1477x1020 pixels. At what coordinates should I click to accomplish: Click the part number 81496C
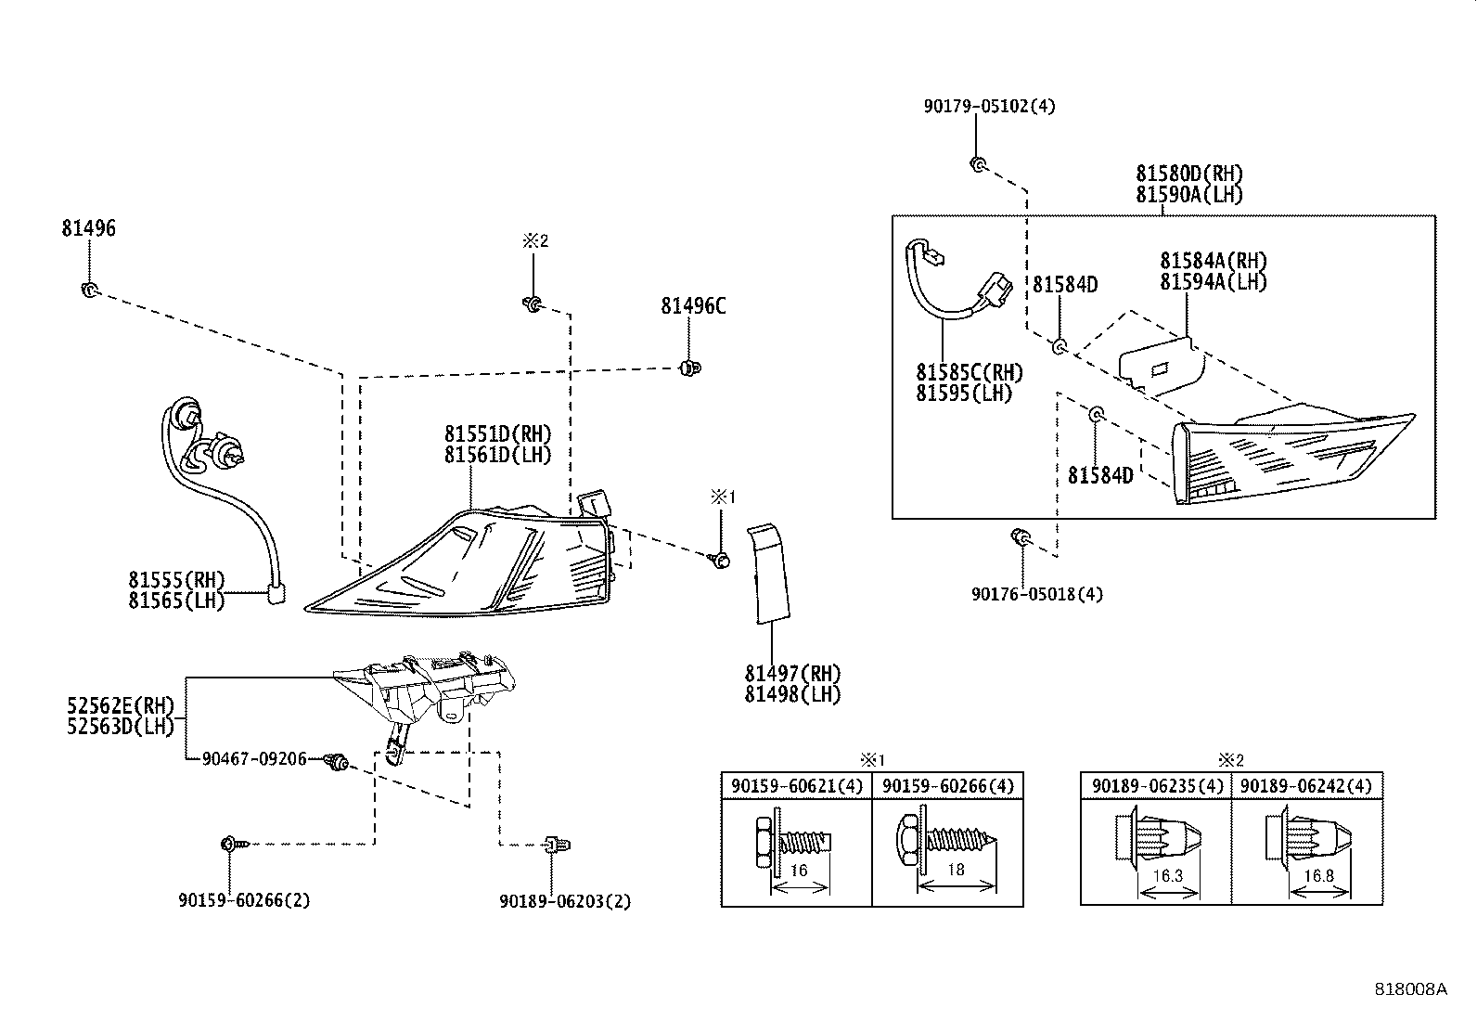693,306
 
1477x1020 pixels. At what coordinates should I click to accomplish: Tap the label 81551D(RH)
498,434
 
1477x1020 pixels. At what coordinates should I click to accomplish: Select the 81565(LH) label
176,601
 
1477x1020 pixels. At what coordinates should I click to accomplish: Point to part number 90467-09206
254,759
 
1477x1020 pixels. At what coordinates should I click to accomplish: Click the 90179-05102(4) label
989,106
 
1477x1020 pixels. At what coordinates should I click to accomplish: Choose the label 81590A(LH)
1188,195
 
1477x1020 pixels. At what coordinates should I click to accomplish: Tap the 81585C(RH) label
970,373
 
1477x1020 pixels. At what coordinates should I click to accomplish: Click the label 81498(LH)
793,695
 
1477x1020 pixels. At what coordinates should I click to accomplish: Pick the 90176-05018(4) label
1037,594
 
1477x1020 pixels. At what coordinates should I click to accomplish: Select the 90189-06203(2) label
565,901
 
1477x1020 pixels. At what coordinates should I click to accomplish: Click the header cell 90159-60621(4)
797,786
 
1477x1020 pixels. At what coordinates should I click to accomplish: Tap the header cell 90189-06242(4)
1306,786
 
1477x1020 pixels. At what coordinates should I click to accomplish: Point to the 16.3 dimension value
1168,876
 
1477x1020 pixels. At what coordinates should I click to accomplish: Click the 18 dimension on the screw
957,871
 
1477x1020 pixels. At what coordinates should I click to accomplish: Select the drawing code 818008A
1411,989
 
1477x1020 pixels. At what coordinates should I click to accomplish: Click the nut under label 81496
90,289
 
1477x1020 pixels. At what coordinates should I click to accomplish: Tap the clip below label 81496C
689,368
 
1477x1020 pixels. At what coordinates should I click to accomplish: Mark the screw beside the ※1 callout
721,561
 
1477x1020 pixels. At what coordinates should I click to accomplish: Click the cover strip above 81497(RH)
768,574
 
